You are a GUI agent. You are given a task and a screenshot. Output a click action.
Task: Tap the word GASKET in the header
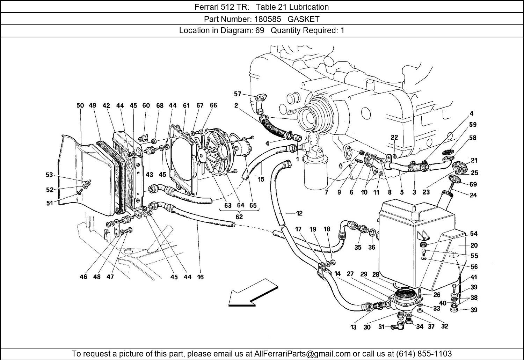pyautogui.click(x=304, y=19)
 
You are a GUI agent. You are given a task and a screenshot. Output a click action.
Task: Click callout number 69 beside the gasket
pyautogui.click(x=473, y=184)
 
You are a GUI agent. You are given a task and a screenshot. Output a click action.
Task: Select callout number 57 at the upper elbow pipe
pyautogui.click(x=238, y=94)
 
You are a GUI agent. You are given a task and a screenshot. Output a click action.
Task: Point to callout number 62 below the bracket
pyautogui.click(x=239, y=216)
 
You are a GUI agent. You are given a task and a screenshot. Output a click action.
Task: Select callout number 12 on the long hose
pyautogui.click(x=299, y=213)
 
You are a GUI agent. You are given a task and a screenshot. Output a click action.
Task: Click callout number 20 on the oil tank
pyautogui.click(x=474, y=245)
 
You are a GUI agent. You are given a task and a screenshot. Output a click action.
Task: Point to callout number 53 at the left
pyautogui.click(x=49, y=175)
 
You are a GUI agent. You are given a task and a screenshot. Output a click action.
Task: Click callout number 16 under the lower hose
pyautogui.click(x=200, y=277)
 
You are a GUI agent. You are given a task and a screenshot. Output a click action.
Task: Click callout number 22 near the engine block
pyautogui.click(x=394, y=138)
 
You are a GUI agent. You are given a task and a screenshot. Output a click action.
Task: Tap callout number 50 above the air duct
pyautogui.click(x=80, y=105)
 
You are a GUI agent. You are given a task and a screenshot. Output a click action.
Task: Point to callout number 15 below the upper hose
pyautogui.click(x=261, y=179)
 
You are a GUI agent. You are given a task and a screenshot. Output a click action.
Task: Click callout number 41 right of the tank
pyautogui.click(x=474, y=277)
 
